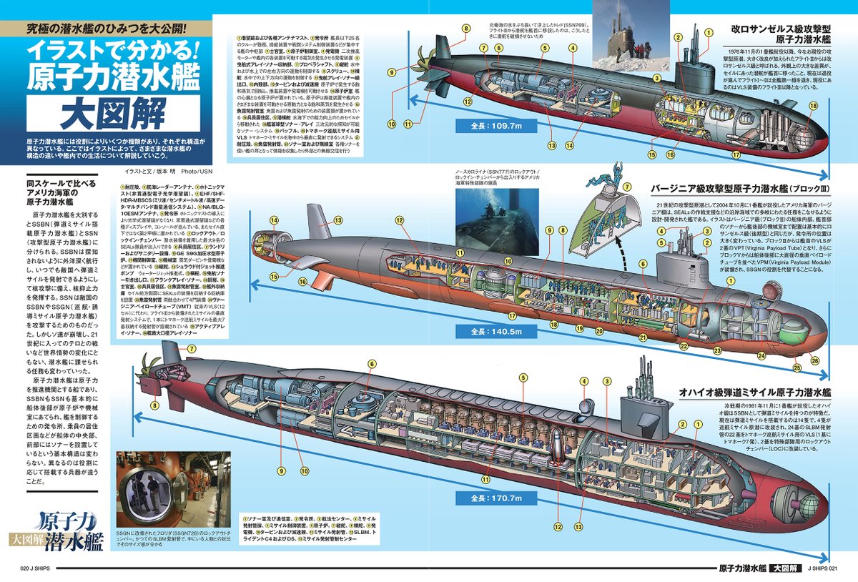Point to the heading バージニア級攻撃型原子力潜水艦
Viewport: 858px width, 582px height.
point(740,189)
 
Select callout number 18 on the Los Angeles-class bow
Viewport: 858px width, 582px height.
point(813,106)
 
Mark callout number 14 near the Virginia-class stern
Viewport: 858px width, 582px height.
point(273,220)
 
